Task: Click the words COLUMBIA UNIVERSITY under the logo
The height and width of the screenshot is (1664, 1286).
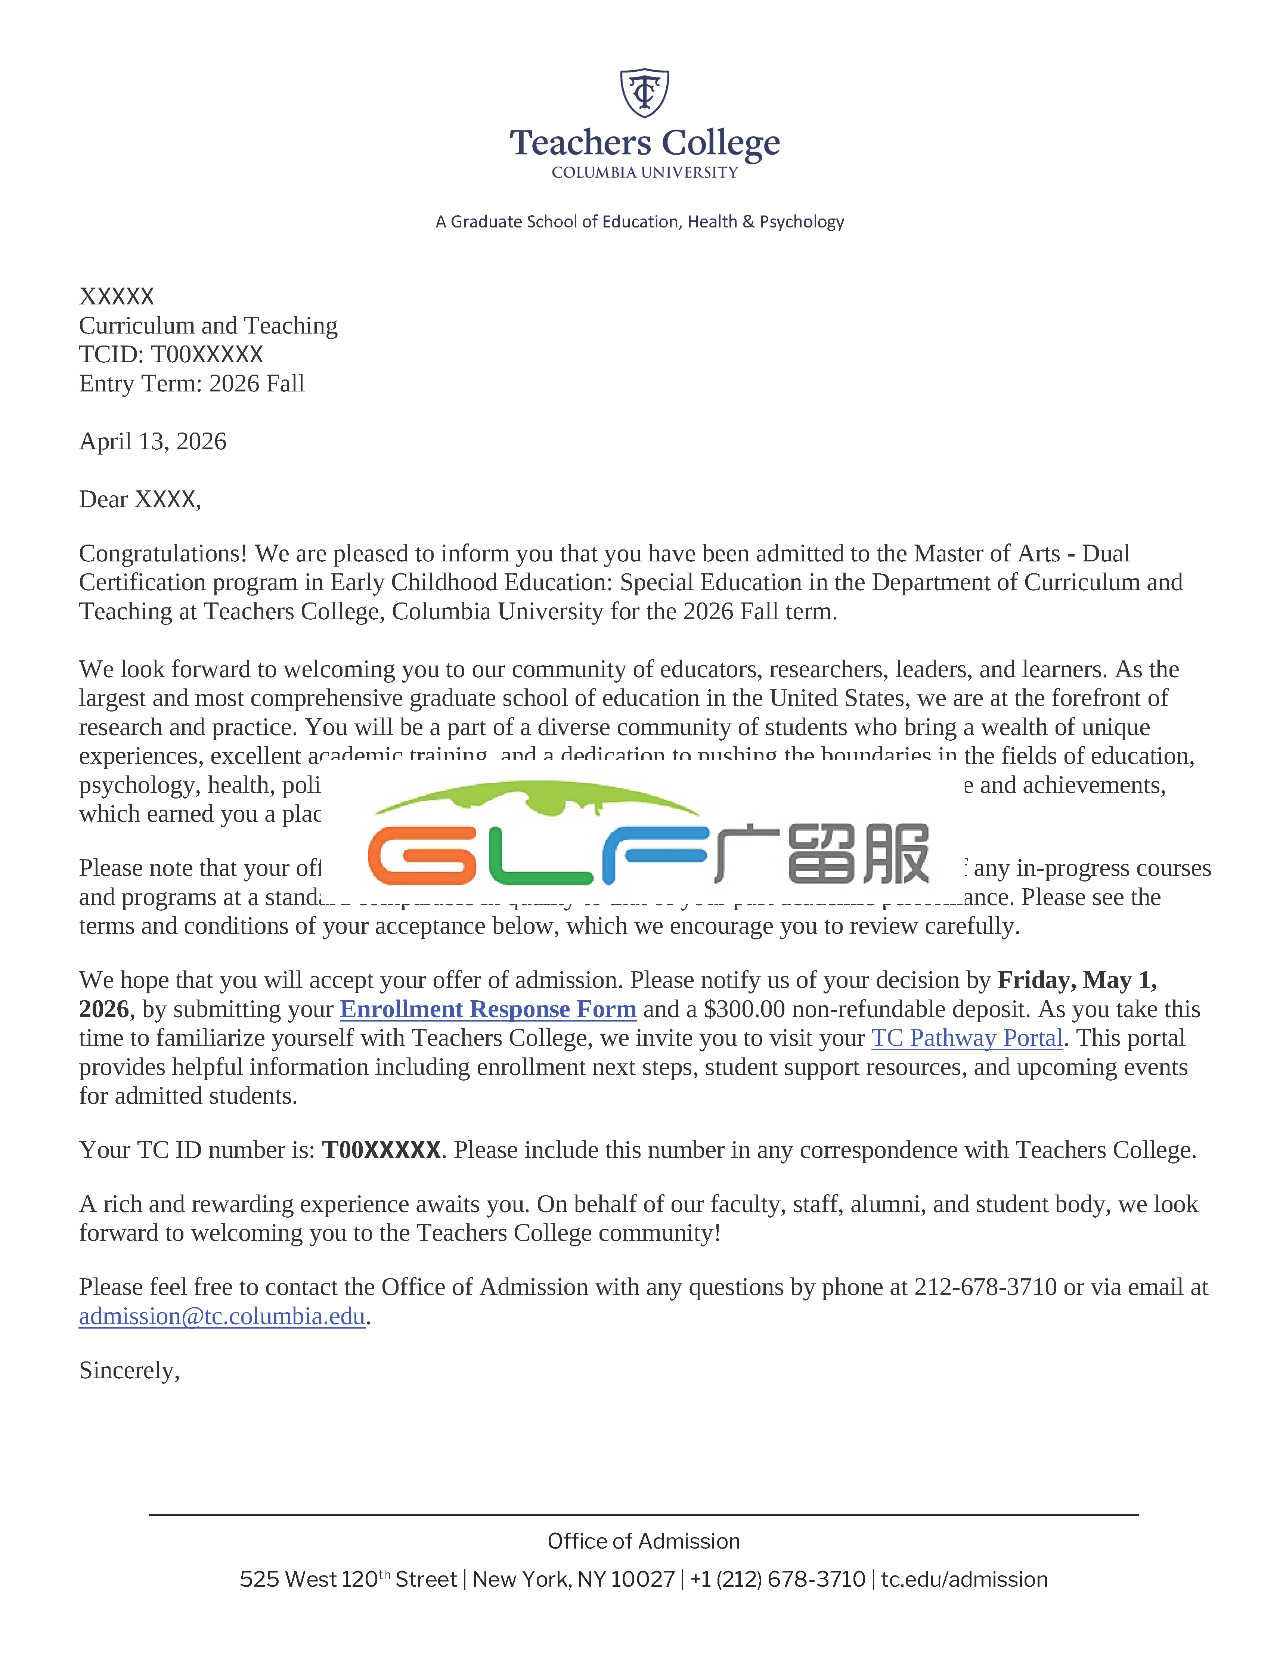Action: pos(645,173)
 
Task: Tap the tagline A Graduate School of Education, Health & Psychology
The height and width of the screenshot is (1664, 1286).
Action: pos(639,222)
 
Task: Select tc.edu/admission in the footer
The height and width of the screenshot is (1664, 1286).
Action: pos(964,1580)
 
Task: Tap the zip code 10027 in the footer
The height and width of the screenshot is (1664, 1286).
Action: pos(642,1580)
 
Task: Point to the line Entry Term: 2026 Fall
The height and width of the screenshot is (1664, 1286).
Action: pos(191,383)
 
